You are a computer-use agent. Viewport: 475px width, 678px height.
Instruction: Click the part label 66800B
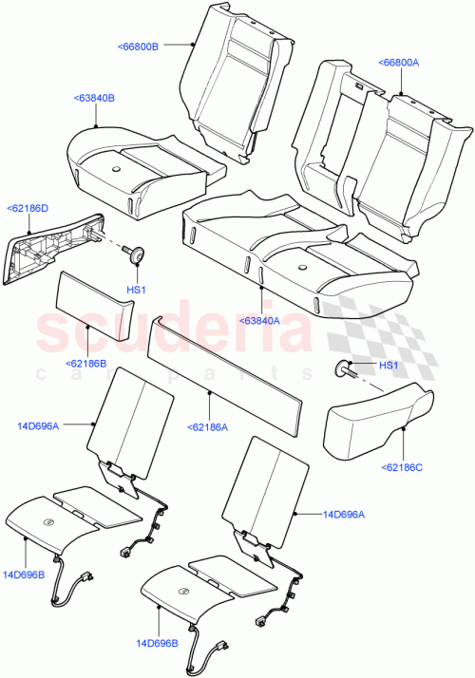pos(139,45)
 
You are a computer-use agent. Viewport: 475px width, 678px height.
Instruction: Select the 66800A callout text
pos(399,63)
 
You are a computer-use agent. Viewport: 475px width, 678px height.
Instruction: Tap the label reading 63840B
pos(92,97)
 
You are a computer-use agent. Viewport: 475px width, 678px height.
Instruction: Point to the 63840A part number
pos(259,321)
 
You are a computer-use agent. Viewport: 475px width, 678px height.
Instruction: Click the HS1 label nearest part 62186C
pos(388,366)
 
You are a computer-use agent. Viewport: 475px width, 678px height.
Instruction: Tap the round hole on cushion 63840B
pos(115,168)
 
